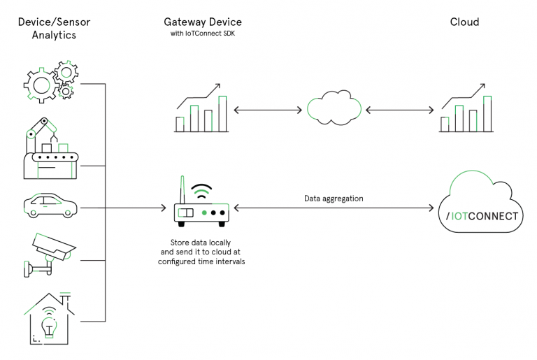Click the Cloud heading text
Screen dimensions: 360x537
[464, 22]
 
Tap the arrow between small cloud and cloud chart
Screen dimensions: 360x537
[399, 110]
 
